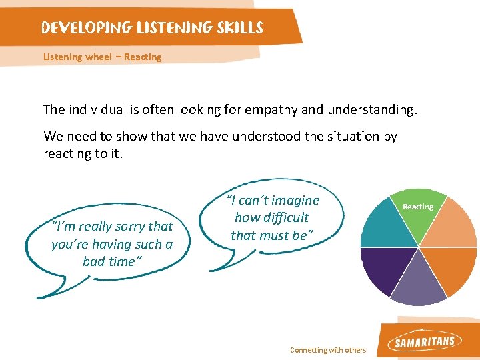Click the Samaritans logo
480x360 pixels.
click(x=425, y=343)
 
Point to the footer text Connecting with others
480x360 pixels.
click(x=328, y=350)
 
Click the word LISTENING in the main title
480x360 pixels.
click(x=173, y=28)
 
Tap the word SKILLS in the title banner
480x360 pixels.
click(x=238, y=28)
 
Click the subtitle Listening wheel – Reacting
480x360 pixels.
click(x=102, y=57)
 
